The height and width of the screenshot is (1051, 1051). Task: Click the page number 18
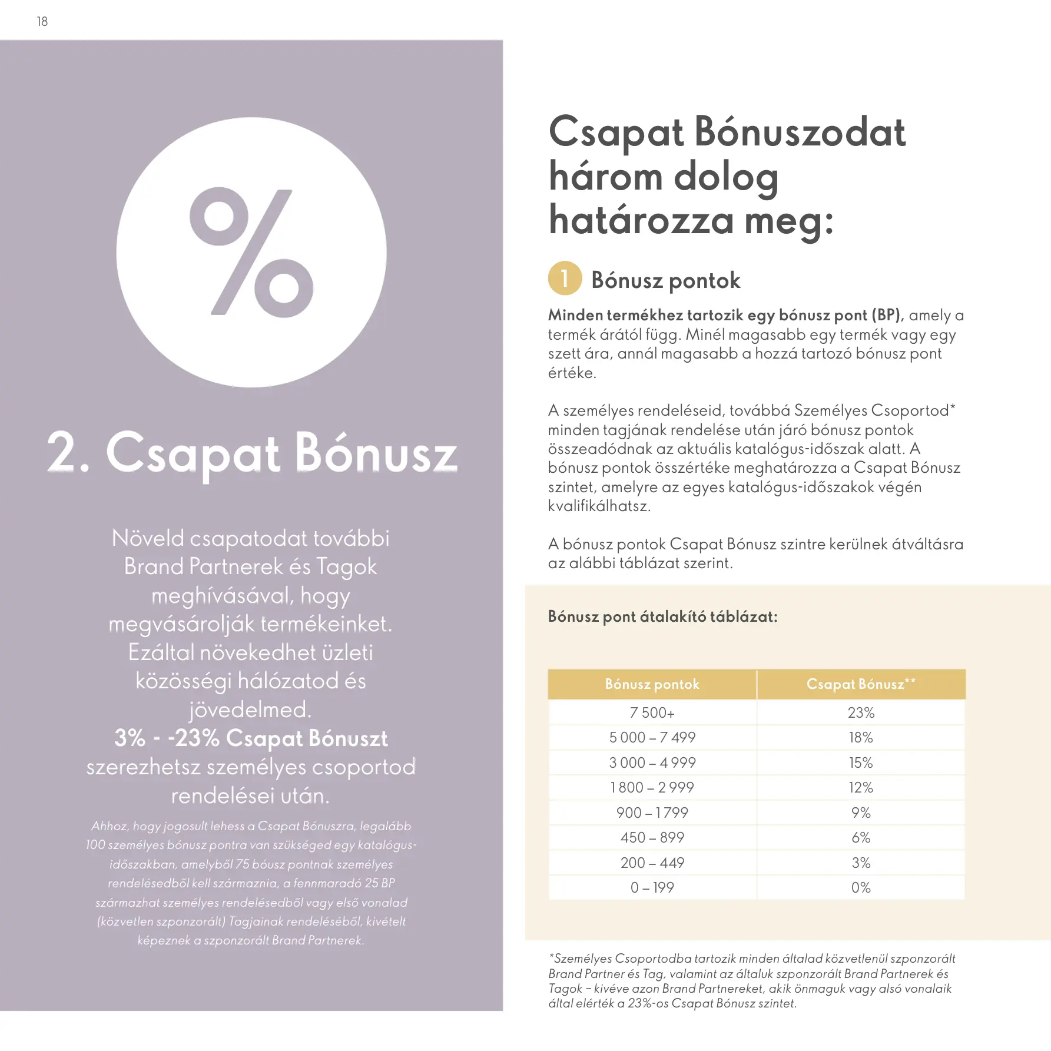(42, 22)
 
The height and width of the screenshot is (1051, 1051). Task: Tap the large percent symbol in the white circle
(251, 253)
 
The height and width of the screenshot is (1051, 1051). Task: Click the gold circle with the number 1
(565, 279)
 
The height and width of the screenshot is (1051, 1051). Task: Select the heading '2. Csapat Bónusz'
(252, 453)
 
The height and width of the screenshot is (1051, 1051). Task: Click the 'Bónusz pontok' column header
(652, 684)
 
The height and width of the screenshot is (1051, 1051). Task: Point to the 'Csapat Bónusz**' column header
(861, 684)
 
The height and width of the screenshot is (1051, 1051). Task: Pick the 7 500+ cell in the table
(652, 712)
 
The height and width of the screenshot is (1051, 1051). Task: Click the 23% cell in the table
(861, 712)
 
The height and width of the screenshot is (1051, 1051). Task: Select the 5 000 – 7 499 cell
(652, 737)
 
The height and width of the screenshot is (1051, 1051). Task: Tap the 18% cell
(861, 737)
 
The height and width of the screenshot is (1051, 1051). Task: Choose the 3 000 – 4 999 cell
(652, 762)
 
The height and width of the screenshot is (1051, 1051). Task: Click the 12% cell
(861, 787)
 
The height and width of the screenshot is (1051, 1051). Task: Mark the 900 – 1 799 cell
(652, 813)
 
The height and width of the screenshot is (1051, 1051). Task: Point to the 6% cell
(861, 837)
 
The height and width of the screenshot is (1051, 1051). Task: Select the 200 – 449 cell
(652, 863)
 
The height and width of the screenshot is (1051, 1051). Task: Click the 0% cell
(861, 887)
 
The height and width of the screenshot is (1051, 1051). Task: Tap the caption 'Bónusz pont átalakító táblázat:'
(662, 616)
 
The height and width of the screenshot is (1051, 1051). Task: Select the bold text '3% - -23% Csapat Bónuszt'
(251, 738)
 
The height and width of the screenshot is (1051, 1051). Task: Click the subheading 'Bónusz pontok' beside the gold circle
(665, 280)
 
